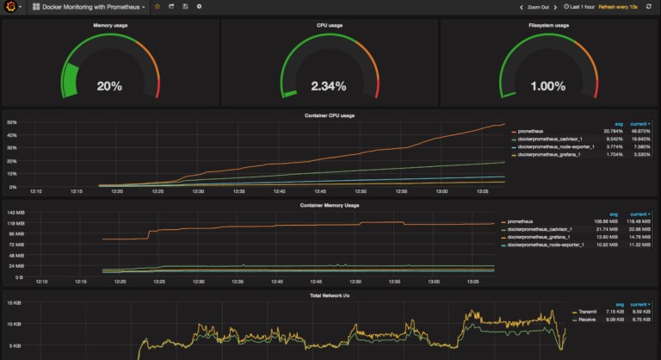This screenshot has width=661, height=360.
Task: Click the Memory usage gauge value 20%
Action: pyautogui.click(x=109, y=86)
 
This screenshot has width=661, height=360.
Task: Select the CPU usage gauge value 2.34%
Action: pyautogui.click(x=329, y=86)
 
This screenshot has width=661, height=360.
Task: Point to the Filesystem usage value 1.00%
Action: pyautogui.click(x=548, y=86)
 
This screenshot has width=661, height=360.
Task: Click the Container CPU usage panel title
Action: pyautogui.click(x=330, y=115)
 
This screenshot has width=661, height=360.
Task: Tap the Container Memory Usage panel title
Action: pyautogui.click(x=330, y=205)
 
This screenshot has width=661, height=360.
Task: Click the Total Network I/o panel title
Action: pyautogui.click(x=330, y=295)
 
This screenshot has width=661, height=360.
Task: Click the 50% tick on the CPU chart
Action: pyautogui.click(x=12, y=122)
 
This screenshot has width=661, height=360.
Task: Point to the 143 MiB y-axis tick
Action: pyautogui.click(x=15, y=213)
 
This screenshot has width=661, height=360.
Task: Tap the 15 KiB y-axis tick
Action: pyautogui.click(x=14, y=303)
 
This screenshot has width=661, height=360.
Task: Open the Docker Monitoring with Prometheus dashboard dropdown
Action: pyautogui.click(x=89, y=6)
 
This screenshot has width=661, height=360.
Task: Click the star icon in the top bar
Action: pyautogui.click(x=157, y=6)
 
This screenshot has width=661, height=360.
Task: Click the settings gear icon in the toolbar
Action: pyautogui.click(x=200, y=6)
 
